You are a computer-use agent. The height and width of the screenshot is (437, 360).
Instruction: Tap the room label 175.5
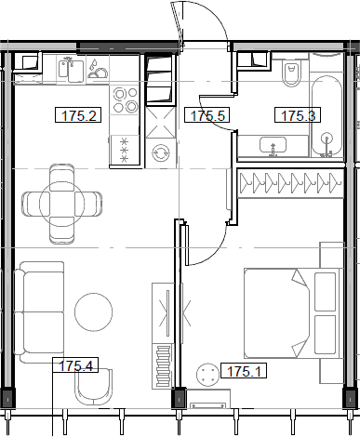[209, 116]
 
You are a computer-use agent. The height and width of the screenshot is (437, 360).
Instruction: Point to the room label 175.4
[75, 365]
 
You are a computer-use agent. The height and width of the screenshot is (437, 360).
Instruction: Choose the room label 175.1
[247, 372]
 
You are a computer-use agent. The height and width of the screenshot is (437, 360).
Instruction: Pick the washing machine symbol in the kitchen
[160, 152]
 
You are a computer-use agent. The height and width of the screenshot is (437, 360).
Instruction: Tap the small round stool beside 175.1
[208, 373]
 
